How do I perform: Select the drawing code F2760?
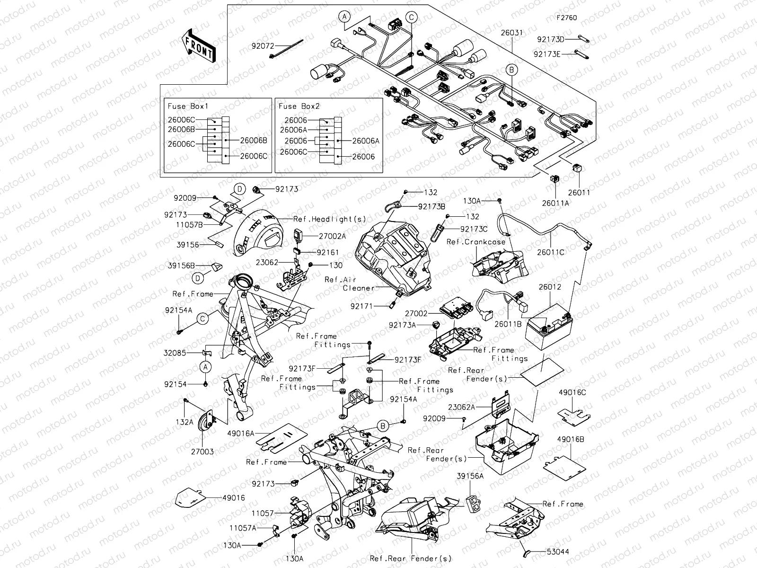click(566, 18)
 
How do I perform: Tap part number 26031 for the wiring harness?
click(512, 33)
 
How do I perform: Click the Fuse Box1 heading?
click(188, 106)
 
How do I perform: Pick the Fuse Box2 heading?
click(299, 106)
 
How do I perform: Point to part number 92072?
click(266, 46)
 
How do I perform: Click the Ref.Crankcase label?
click(476, 242)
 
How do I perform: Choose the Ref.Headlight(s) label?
click(330, 219)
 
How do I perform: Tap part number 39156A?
click(470, 476)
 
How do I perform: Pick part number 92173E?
click(547, 54)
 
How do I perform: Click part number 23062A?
click(462, 407)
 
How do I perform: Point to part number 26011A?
click(556, 203)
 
